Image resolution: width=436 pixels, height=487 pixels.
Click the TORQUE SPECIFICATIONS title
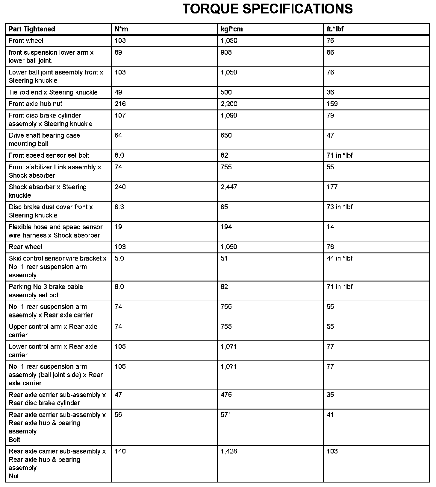(267, 9)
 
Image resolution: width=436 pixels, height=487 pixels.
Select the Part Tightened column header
(32, 29)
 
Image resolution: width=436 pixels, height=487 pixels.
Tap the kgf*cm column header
(231, 29)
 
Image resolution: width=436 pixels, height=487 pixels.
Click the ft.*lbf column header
(335, 29)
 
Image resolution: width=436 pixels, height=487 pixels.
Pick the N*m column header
(121, 29)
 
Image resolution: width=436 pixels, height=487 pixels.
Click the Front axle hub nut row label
(35, 104)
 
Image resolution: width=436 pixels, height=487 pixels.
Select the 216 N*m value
(120, 104)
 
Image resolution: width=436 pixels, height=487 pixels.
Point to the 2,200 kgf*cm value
(229, 104)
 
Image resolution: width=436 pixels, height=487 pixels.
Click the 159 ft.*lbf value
(332, 104)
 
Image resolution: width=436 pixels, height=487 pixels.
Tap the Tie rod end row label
(53, 92)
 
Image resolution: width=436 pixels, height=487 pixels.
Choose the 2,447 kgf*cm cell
(229, 187)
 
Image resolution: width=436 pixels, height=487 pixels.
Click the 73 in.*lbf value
(340, 207)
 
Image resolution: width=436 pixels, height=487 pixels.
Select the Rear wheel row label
(25, 247)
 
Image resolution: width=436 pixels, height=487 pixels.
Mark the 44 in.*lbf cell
(340, 258)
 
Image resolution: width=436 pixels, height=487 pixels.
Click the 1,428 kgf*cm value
(229, 451)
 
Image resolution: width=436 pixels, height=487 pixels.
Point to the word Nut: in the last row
(15, 476)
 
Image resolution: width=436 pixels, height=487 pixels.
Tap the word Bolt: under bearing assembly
(15, 439)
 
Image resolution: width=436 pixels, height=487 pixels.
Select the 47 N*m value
(118, 395)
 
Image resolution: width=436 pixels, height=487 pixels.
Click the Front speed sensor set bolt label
(49, 155)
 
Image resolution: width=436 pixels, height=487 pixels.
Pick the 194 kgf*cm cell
(226, 227)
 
